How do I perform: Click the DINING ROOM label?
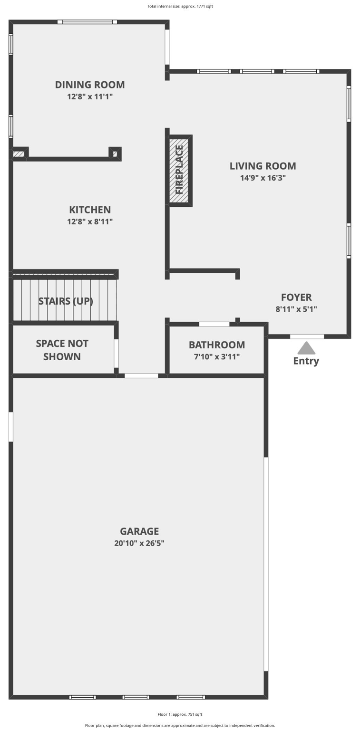click(x=90, y=85)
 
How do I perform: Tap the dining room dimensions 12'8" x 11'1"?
click(x=90, y=96)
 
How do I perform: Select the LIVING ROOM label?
click(x=263, y=166)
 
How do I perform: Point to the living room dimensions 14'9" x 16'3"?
click(x=263, y=178)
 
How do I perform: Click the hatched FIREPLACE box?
click(x=179, y=170)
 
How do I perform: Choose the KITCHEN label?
click(x=90, y=210)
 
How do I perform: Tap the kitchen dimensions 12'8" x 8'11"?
click(x=90, y=221)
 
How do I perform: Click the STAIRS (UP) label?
click(x=66, y=301)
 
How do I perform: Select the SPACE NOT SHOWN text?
click(x=62, y=350)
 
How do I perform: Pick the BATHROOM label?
click(x=217, y=345)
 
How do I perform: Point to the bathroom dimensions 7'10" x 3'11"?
click(x=217, y=356)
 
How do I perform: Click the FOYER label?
click(x=296, y=297)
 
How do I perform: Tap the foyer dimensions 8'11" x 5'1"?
click(x=296, y=309)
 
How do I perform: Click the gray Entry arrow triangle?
click(x=306, y=348)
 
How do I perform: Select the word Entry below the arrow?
click(x=306, y=361)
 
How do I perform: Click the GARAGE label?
click(x=139, y=531)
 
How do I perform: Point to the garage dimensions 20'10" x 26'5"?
click(x=139, y=543)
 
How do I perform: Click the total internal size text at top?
click(x=180, y=6)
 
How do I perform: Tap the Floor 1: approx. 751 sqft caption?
click(x=180, y=714)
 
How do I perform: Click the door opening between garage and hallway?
click(x=141, y=376)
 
